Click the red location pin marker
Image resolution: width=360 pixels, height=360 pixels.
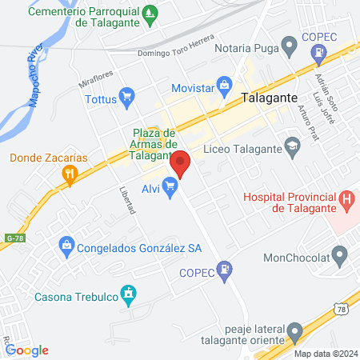(180, 163)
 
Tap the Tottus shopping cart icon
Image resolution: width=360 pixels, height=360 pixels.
(126, 98)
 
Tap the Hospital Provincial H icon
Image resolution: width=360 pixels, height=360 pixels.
(346, 198)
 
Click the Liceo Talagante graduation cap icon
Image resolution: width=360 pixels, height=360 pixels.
(292, 145)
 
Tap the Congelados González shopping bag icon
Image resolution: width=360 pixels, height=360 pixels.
(67, 246)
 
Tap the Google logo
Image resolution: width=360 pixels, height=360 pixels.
(26, 350)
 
